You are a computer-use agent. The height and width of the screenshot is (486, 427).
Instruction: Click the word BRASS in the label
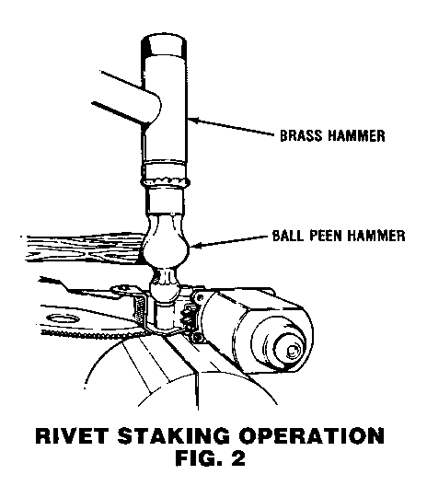click(x=302, y=135)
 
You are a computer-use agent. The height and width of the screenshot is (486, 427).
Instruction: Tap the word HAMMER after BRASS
click(x=357, y=135)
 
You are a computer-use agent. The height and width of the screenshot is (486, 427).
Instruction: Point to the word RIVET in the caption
click(x=72, y=435)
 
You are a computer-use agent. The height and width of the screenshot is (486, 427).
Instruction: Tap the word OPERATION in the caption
click(x=311, y=435)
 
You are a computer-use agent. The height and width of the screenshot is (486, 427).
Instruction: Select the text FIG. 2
click(x=210, y=458)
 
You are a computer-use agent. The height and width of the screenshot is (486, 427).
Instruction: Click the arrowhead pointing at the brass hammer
click(x=192, y=120)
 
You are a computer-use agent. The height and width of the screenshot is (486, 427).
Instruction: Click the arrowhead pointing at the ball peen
click(x=194, y=246)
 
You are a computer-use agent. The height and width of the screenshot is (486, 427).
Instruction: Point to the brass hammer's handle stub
click(x=129, y=99)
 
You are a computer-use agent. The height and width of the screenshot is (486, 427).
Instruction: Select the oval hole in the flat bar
click(x=63, y=319)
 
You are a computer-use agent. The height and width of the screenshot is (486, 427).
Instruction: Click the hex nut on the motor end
click(x=292, y=351)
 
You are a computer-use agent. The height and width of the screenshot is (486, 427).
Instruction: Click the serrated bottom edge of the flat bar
click(x=93, y=334)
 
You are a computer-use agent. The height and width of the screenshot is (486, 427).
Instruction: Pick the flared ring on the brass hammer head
click(x=165, y=182)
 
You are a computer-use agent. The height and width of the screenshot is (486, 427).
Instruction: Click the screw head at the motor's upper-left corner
click(x=200, y=298)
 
